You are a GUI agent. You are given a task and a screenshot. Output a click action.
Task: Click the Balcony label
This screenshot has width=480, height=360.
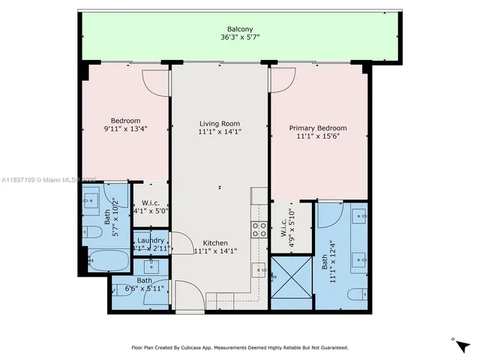click(240, 30)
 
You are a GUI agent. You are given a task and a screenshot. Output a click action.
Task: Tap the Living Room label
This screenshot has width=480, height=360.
click(219, 124)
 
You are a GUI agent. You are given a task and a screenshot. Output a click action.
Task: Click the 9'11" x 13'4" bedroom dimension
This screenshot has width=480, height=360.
click(125, 128)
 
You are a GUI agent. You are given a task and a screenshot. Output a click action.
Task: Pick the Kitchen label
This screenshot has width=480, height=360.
click(215, 242)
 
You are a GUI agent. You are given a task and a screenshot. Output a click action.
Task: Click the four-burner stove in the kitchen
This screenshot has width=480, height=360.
click(259, 229)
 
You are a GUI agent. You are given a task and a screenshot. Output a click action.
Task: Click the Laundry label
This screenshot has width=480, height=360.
click(150, 240)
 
